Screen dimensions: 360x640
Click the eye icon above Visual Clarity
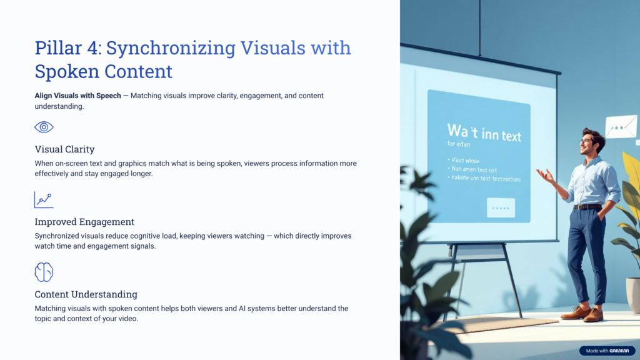click(44, 127)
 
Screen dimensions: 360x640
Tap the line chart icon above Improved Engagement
click(44, 200)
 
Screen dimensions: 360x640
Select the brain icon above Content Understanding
click(44, 272)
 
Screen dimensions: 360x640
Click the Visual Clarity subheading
click(64, 149)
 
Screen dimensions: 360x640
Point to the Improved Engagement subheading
click(84, 222)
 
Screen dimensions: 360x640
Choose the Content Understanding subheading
click(86, 294)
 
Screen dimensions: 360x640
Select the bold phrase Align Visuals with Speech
click(77, 96)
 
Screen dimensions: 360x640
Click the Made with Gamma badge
click(606, 351)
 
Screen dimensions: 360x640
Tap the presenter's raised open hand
click(545, 176)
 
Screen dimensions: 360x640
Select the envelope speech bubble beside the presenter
click(621, 127)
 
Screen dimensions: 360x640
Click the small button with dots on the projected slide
click(501, 207)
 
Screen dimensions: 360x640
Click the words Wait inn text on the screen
click(484, 132)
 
